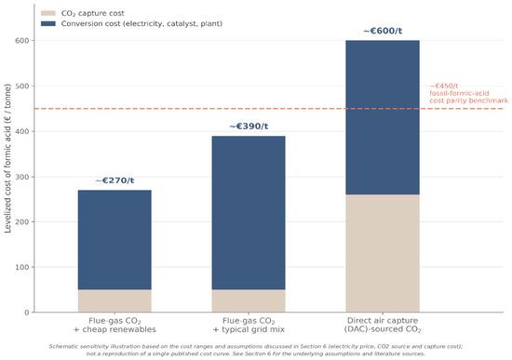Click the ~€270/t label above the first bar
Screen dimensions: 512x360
(115, 180)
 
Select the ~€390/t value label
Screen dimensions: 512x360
(249, 127)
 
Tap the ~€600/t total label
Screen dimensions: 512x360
(383, 31)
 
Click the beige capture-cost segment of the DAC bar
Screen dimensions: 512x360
(383, 253)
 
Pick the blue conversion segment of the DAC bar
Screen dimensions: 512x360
(383, 118)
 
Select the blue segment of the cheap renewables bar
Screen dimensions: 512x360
(115, 240)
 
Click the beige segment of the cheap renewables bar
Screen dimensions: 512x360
(115, 300)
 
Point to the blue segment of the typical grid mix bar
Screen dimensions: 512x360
(249, 213)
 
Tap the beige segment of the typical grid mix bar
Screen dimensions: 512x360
(249, 300)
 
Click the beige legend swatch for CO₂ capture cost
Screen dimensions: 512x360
(48, 13)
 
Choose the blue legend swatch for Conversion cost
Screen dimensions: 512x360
(48, 24)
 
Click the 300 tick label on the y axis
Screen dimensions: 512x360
(22, 177)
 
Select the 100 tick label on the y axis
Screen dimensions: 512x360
(22, 267)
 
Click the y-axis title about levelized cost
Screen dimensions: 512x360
(7, 158)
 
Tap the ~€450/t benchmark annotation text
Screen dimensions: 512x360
(468, 93)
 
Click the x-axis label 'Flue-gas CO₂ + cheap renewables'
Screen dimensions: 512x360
(115, 325)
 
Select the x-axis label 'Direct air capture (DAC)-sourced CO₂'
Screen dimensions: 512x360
(383, 325)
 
